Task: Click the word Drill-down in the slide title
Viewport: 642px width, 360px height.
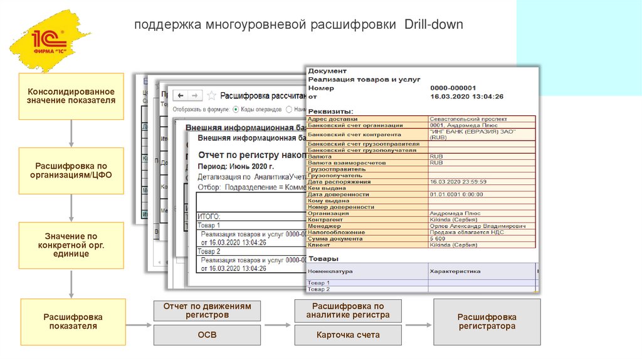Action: [x=433, y=25]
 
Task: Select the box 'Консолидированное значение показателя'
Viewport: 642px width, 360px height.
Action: [x=71, y=96]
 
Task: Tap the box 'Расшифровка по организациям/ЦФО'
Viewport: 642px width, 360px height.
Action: [x=71, y=171]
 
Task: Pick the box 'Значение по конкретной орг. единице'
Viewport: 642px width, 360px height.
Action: [x=71, y=245]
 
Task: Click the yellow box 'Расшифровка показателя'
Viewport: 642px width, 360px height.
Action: [x=73, y=322]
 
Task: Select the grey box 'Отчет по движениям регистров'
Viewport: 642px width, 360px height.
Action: [x=207, y=310]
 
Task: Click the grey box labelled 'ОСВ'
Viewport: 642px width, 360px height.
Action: [x=207, y=335]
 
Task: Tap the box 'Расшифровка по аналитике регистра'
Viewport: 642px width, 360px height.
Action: [x=348, y=310]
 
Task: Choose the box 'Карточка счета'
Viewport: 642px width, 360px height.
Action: [x=348, y=335]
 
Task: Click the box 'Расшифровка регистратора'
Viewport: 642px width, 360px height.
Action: [x=487, y=322]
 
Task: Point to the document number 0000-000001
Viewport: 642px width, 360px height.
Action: [x=453, y=88]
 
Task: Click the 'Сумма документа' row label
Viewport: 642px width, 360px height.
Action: [x=328, y=239]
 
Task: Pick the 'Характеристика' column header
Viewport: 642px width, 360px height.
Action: [x=455, y=272]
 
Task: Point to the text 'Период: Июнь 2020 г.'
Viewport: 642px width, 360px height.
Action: [x=236, y=167]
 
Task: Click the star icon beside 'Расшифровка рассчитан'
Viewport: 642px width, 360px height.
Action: [x=211, y=95]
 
